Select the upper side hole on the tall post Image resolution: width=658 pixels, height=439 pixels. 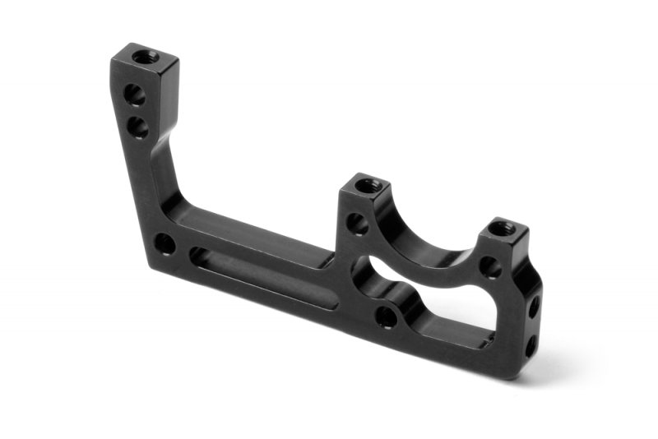point(135,96)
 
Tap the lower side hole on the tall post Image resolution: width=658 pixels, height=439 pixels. point(137,127)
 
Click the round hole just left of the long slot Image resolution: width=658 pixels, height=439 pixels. point(164,243)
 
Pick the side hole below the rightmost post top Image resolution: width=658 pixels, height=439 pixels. point(490,266)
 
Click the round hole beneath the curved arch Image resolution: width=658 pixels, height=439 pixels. point(387,315)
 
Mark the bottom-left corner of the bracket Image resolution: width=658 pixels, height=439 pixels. point(151,265)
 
